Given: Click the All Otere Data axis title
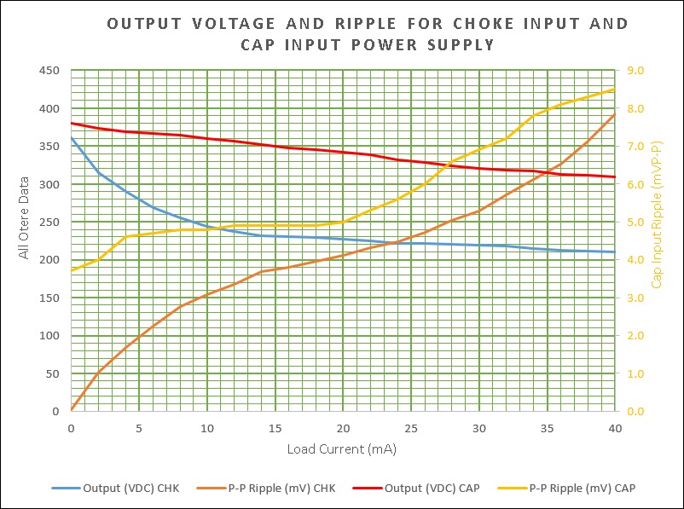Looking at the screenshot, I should [x=25, y=217].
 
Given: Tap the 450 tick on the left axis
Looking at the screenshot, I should [x=49, y=70].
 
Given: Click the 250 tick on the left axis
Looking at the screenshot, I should [x=49, y=222].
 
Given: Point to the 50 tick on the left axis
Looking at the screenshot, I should [x=52, y=373].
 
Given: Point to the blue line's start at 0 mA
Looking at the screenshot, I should [x=71, y=138].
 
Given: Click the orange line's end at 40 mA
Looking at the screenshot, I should [x=614, y=114].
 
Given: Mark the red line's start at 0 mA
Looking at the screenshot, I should [x=71, y=123].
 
